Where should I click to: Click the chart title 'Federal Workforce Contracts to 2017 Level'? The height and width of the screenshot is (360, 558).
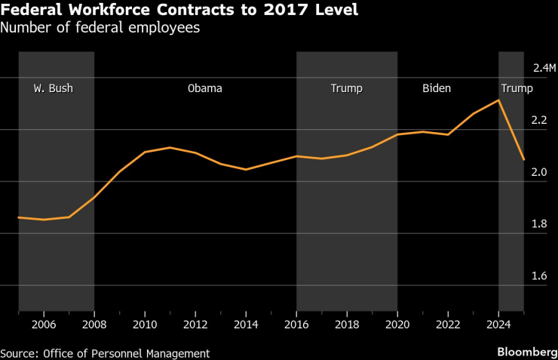180,11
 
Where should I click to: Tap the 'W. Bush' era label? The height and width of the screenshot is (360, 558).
53,88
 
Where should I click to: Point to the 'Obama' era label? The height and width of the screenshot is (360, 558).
204,88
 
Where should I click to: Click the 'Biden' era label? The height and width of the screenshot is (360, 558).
436,88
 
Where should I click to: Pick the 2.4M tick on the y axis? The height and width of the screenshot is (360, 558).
543,68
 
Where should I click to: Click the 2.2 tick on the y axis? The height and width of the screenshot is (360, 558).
539,120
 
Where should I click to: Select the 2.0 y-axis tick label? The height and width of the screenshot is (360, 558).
539,172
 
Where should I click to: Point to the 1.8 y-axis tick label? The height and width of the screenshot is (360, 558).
539,224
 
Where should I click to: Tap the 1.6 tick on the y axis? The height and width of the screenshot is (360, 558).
539,276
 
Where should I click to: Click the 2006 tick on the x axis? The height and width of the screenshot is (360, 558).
44,324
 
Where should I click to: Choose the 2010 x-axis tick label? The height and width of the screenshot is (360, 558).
145,324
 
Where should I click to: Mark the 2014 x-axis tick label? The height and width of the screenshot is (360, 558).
246,324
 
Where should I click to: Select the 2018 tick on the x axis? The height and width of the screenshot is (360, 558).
347,324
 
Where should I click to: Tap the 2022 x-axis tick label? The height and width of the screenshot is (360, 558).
448,324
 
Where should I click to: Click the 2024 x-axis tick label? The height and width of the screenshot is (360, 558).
498,324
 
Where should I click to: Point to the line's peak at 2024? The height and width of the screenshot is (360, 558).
498,100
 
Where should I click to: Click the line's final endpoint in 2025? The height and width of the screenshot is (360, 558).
523,160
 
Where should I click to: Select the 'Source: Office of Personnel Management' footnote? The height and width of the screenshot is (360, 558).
105,353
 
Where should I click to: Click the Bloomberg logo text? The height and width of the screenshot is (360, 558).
525,352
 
